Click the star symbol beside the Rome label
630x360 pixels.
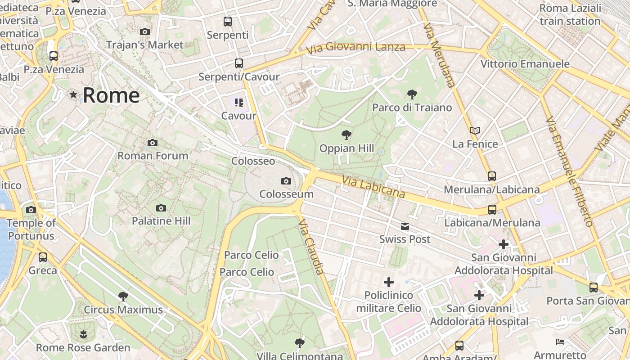(73, 95)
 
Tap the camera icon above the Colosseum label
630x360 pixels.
(286, 181)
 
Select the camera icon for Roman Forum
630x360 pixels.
(153, 143)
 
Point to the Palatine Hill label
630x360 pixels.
(161, 221)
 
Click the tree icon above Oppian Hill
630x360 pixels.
(346, 135)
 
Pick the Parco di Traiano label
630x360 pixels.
(412, 108)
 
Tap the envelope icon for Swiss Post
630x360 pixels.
(405, 226)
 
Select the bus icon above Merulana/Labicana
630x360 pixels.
(492, 176)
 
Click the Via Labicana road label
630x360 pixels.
(373, 187)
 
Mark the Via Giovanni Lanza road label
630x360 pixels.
(355, 47)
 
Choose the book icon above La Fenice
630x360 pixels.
(475, 131)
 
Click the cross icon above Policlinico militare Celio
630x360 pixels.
(389, 282)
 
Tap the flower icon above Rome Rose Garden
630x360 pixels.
(83, 334)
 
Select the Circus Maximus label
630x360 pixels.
(123, 310)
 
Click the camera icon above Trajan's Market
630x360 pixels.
(145, 31)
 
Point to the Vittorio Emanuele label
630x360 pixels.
(525, 64)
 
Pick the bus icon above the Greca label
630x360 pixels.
(43, 257)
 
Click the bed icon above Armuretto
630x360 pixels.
(560, 342)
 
